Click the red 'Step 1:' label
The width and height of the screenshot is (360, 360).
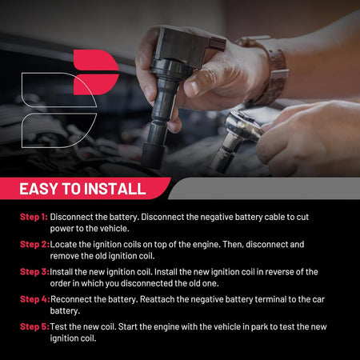coord(34,217)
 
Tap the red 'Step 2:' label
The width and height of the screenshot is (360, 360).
coord(34,244)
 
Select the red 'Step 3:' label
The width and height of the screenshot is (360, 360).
coord(34,272)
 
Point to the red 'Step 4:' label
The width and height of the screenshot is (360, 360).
coord(35,299)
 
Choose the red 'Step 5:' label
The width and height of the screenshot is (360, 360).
coord(34,326)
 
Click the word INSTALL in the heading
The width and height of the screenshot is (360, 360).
coord(117,189)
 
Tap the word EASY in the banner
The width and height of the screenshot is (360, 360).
coord(38,189)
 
